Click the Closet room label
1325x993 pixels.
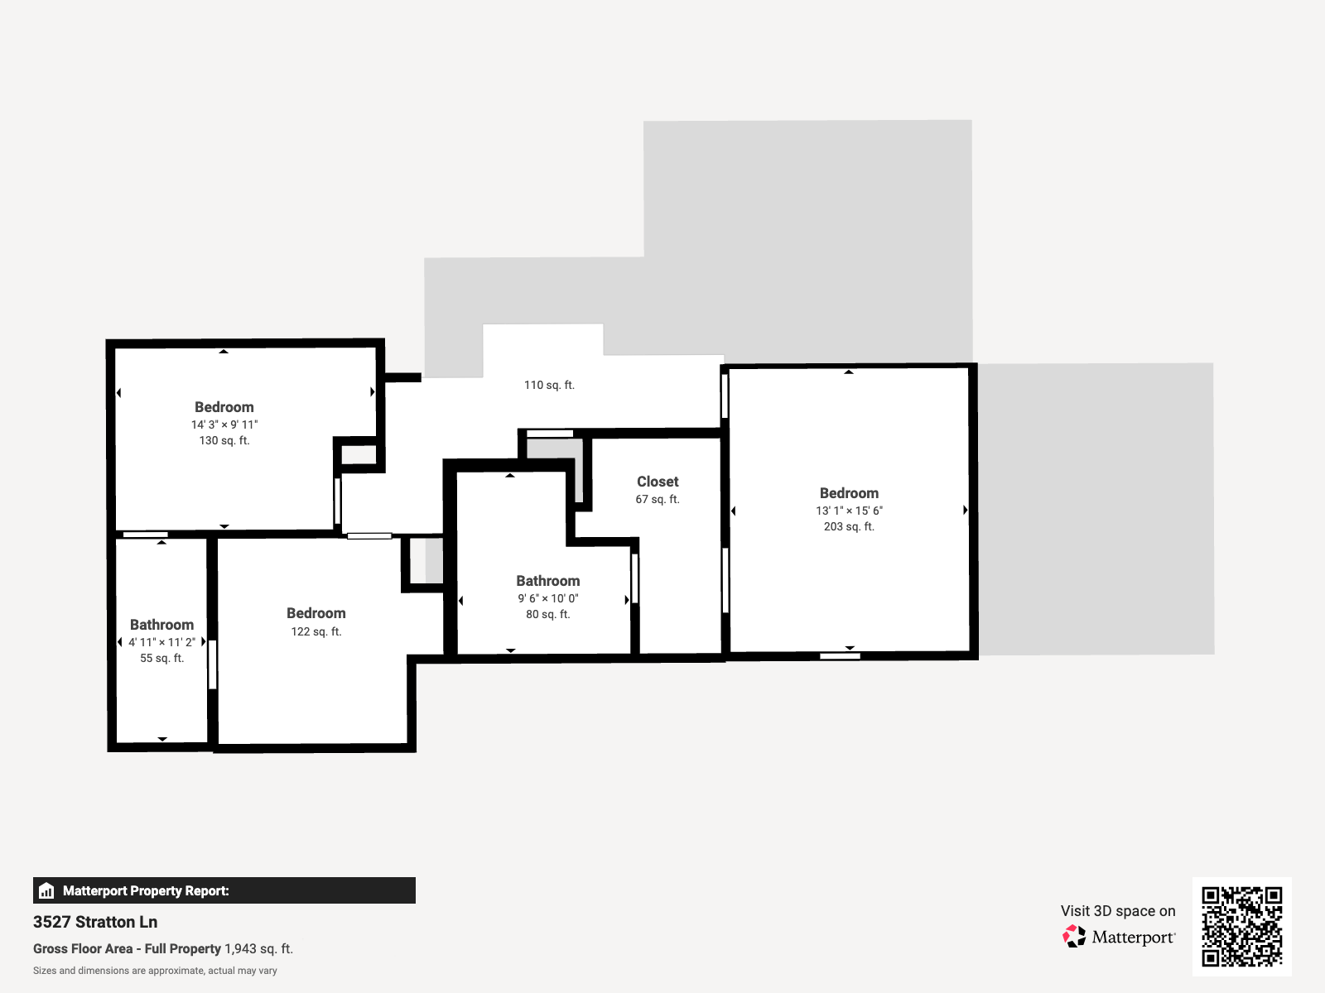click(x=658, y=482)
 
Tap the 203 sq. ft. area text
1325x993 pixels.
click(x=849, y=526)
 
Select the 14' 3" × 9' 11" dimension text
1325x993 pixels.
click(x=224, y=425)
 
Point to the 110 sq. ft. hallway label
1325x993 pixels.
click(x=549, y=385)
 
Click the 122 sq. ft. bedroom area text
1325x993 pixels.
click(x=316, y=631)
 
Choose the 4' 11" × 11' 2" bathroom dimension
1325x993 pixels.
click(x=162, y=642)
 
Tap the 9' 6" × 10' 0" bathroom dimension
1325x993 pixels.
click(x=548, y=598)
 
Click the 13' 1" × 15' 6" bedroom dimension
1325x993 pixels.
click(x=849, y=511)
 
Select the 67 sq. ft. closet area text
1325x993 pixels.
click(x=658, y=499)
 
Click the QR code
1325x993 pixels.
click(x=1241, y=926)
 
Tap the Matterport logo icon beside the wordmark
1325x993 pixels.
click(x=1074, y=937)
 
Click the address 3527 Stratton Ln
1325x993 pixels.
click(x=95, y=922)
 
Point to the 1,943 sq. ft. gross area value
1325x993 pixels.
click(x=259, y=948)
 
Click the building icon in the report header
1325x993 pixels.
click(x=47, y=890)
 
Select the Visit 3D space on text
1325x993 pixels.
click(x=1118, y=911)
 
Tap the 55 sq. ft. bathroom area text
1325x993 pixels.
click(x=162, y=658)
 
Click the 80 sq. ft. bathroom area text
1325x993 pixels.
click(x=548, y=614)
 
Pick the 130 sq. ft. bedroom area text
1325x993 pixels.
click(x=224, y=440)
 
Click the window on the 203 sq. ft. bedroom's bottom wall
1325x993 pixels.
click(x=840, y=656)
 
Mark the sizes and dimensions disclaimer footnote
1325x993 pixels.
click(x=155, y=971)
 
